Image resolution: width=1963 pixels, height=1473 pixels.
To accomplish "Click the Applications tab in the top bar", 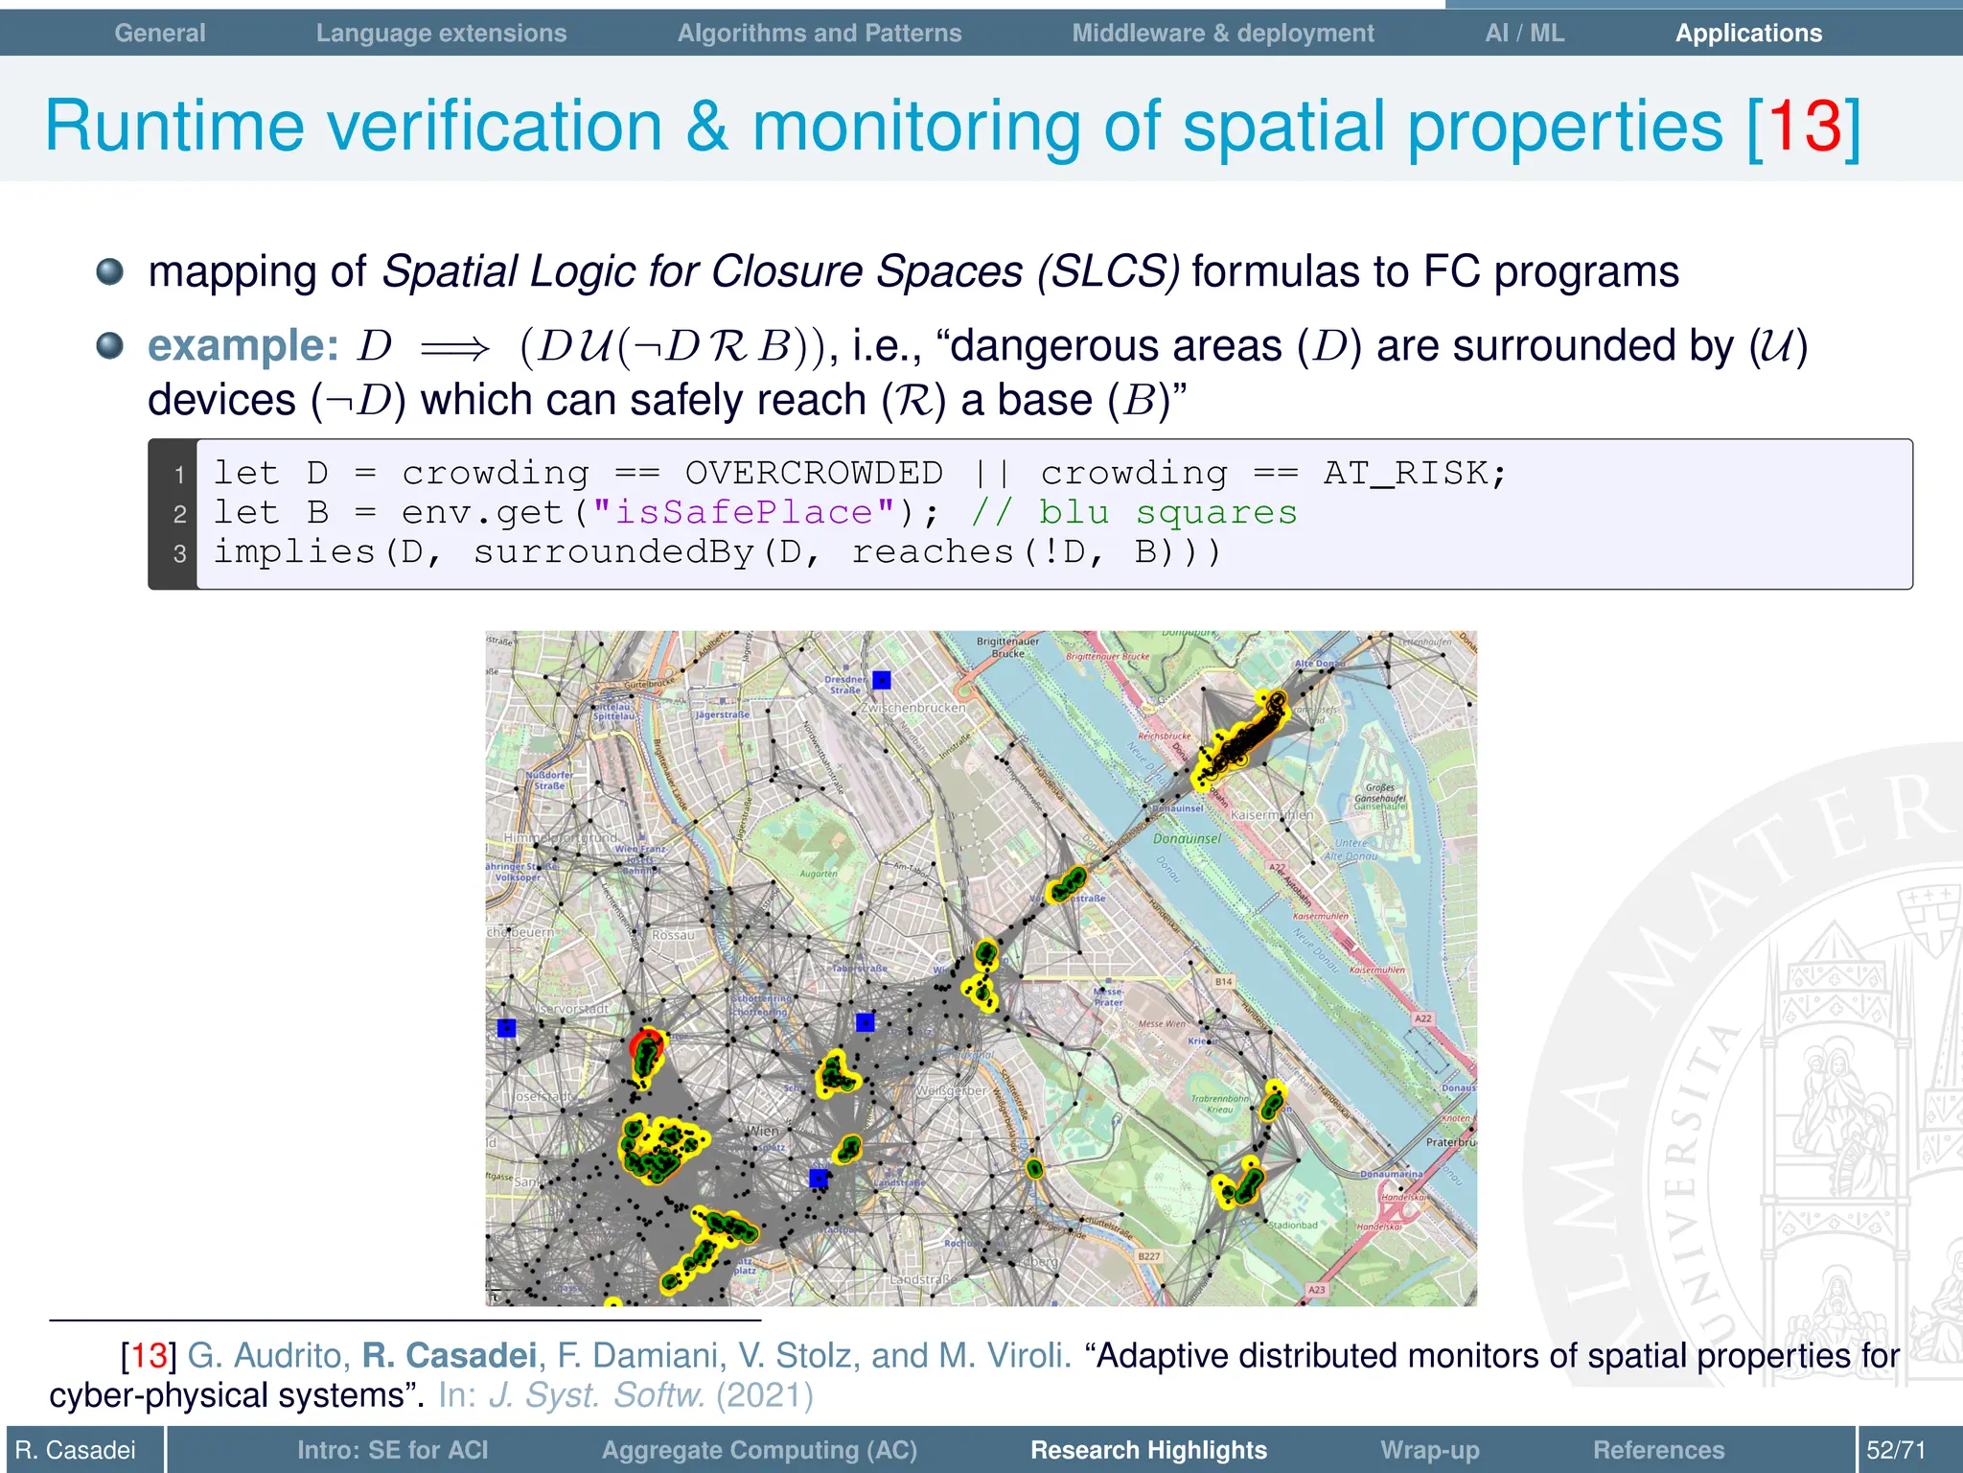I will pos(1748,33).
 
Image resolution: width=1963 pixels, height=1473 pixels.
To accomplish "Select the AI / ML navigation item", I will pos(1524,33).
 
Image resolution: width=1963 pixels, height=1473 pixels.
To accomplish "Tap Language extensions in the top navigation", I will pos(441,33).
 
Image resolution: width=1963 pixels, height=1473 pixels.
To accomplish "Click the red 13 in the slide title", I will pos(1805,126).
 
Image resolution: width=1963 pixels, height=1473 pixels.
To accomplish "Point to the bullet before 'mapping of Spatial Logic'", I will pos(110,271).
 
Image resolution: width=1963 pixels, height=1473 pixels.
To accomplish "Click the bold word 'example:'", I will pos(243,345).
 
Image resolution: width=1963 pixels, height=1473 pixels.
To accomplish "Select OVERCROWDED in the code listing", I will pos(814,473).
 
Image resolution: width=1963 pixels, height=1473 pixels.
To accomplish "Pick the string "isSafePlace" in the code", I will pos(744,512).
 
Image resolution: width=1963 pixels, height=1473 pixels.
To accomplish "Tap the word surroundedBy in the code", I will pos(613,551).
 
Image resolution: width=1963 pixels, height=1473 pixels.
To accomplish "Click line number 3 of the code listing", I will pos(179,553).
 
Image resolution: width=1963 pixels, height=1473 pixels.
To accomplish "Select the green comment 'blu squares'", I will pos(1168,512).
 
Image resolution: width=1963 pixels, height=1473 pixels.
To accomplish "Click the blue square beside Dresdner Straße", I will pos(882,680).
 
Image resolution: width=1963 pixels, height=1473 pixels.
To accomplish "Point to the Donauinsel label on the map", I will pos(1187,838).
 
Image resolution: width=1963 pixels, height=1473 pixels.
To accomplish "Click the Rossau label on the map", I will pos(673,935).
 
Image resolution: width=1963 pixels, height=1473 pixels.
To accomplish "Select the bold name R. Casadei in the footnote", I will pos(449,1355).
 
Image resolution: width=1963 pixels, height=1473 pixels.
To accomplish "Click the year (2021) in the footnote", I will pos(765,1394).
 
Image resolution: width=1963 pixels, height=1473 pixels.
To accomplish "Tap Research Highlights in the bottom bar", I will pos(1148,1450).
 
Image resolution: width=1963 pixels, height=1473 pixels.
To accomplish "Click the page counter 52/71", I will pos(1896,1450).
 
